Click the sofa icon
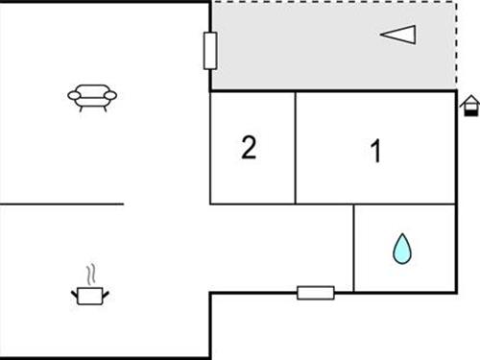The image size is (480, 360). [92, 95]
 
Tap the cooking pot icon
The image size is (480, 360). [91, 295]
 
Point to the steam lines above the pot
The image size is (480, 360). [91, 274]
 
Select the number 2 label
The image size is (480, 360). [249, 149]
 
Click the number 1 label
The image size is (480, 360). [376, 151]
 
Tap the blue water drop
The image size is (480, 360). [402, 250]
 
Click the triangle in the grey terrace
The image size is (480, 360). [398, 36]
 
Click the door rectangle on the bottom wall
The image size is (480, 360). [315, 292]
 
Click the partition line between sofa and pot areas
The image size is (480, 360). [62, 204]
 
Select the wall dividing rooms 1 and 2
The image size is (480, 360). [296, 148]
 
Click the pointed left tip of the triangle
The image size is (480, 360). [381, 36]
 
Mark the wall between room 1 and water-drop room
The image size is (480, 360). [403, 204]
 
